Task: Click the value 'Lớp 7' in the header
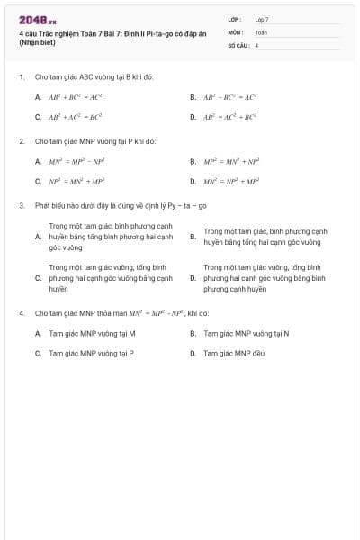coord(262,19)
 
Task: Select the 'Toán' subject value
coord(261,31)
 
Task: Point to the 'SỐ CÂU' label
coord(237,44)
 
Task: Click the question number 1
coord(21,77)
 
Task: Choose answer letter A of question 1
coord(38,96)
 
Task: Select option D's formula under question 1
coord(230,117)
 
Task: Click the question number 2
coord(21,141)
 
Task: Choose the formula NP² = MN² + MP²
coord(76,181)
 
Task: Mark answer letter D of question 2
coord(193,181)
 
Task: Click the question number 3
coord(21,205)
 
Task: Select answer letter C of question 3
coord(38,279)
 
